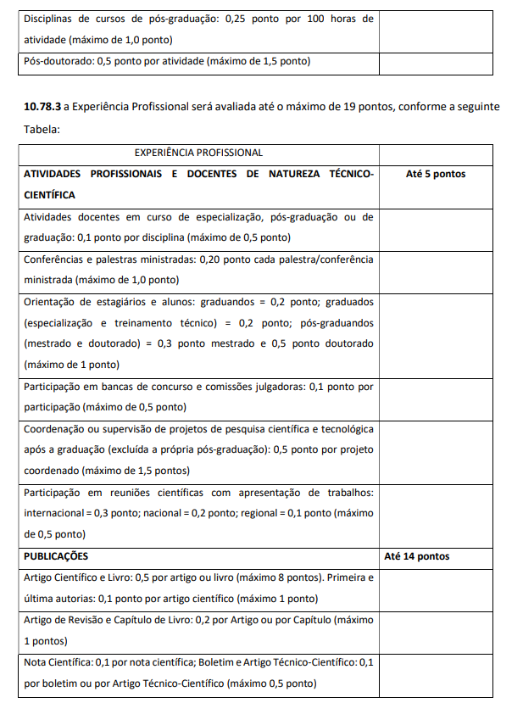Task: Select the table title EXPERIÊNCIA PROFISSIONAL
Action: pos(198,153)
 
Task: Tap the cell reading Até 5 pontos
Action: pos(436,174)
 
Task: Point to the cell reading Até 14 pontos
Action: pos(417,556)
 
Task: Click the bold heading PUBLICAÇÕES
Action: pos(56,556)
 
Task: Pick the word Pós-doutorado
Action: pos(55,61)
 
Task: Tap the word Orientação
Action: pos(51,301)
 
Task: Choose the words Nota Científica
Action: pos(58,662)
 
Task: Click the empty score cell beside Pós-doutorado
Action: pos(436,61)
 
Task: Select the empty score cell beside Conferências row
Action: pos(436,269)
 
